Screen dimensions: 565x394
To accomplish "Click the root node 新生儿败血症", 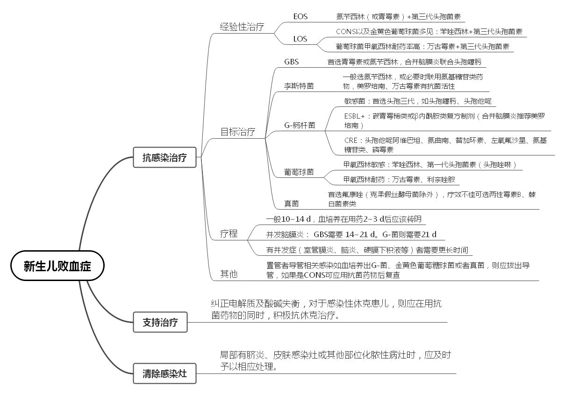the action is pyautogui.click(x=57, y=266).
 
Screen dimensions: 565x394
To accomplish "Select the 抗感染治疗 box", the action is pyautogui.click(x=164, y=157).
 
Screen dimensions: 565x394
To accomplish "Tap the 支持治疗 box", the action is pyautogui.click(x=160, y=322).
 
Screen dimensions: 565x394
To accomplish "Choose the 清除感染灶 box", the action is pyautogui.click(x=164, y=373).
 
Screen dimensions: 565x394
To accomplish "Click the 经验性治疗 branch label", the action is pyautogui.click(x=242, y=27).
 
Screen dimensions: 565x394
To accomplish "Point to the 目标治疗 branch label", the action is pyautogui.click(x=237, y=132).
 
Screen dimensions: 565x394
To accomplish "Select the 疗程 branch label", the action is pyautogui.click(x=229, y=233).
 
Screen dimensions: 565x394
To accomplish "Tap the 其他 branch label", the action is pyautogui.click(x=229, y=274).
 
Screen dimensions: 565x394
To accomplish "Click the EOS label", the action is pyautogui.click(x=300, y=17).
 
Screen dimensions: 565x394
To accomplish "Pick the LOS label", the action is pyautogui.click(x=300, y=39).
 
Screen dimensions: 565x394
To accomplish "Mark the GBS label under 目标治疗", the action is pyautogui.click(x=291, y=62).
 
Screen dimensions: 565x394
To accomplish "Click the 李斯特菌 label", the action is pyautogui.click(x=299, y=86).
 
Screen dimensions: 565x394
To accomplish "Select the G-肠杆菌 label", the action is pyautogui.click(x=300, y=125).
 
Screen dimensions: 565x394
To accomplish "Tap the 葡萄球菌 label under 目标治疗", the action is pyautogui.click(x=299, y=172).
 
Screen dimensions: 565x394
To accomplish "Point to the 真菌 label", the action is pyautogui.click(x=291, y=204).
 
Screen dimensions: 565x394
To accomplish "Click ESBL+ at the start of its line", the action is pyautogui.click(x=355, y=116).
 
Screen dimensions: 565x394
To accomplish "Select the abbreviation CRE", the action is pyautogui.click(x=351, y=141).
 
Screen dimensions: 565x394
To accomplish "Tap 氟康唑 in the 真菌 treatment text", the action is pyautogui.click(x=352, y=195).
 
